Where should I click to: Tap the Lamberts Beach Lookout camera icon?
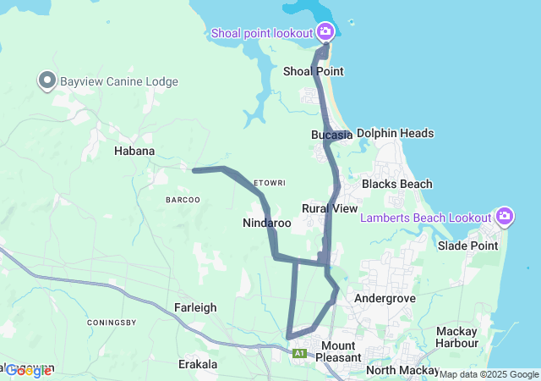coord(505,218)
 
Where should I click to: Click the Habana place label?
coord(134,151)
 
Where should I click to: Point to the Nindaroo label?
coord(266,224)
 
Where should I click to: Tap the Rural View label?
coord(330,208)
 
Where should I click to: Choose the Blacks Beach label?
coord(396,184)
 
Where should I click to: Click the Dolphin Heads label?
coord(395,133)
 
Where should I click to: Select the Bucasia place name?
coord(331,135)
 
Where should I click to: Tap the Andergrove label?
coord(382,298)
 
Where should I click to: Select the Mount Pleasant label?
coord(338,351)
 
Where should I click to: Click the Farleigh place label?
coord(196,307)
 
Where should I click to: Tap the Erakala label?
coord(199,364)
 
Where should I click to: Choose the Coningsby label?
coord(112,322)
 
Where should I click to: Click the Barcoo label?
coord(183,200)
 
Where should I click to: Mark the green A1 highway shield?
coord(299,352)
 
